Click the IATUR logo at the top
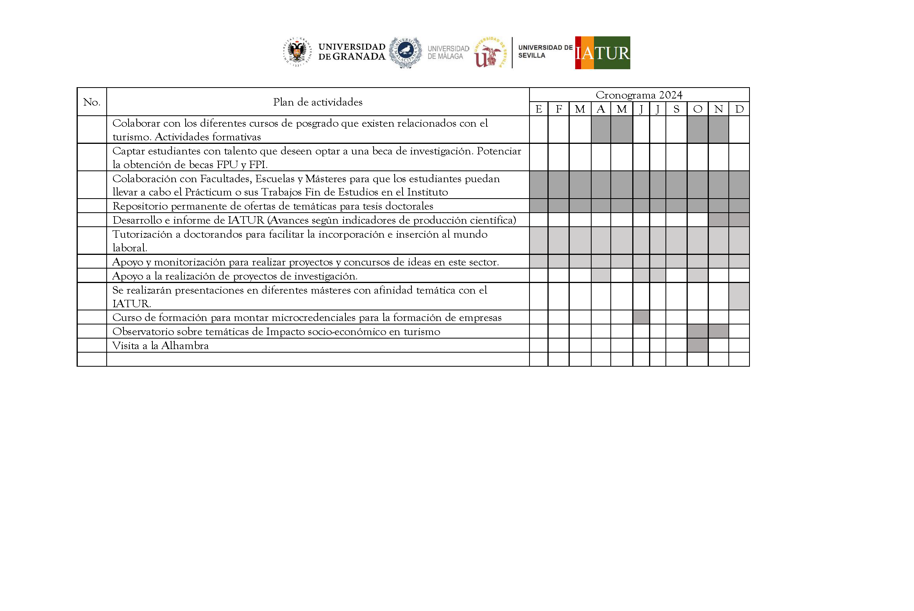(602, 53)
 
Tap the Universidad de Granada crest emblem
(297, 52)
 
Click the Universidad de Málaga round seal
(406, 52)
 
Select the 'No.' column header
(92, 102)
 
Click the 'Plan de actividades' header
(318, 102)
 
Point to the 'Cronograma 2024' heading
(639, 95)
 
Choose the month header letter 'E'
(538, 109)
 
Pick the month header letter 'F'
(559, 109)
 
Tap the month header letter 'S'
(676, 109)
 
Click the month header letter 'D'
(739, 109)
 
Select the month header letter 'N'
(718, 109)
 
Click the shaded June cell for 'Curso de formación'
(641, 317)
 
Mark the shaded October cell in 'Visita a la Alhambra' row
(698, 345)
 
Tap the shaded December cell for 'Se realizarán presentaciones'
(739, 296)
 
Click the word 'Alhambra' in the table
(185, 346)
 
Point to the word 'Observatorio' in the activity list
(143, 331)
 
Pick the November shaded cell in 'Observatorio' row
(718, 331)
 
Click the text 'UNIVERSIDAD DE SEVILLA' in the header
(545, 52)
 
